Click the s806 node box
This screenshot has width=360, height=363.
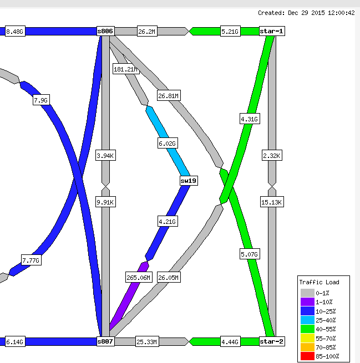[x=105, y=31]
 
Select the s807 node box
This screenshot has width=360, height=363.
[x=105, y=341]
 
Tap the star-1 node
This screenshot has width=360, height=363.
[x=272, y=31]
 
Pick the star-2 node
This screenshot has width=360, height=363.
[x=272, y=341]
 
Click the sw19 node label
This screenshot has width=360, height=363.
[x=189, y=181]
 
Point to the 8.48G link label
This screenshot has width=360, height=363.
[x=15, y=31]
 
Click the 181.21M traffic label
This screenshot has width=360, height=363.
[x=126, y=69]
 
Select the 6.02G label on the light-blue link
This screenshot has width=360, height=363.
[x=168, y=144]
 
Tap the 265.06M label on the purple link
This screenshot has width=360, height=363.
[x=139, y=277]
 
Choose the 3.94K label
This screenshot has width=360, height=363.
[x=105, y=155]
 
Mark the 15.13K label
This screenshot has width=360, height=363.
[x=272, y=202]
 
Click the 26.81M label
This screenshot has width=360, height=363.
[x=169, y=95]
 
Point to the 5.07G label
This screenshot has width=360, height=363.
[x=250, y=254]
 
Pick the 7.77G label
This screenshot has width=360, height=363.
[x=31, y=260]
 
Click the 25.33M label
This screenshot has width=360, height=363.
[x=147, y=341]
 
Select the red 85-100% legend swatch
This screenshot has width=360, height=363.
[x=307, y=356]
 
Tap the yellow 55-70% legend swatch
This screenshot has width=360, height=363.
[x=307, y=338]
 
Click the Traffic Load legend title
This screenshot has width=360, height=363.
[x=319, y=282]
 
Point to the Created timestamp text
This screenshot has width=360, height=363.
[x=306, y=13]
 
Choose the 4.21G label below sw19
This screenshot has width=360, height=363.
[x=168, y=221]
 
